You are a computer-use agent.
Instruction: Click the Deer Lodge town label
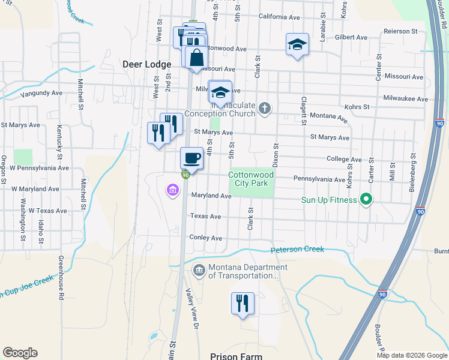point(146,64)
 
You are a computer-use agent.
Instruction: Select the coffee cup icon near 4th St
point(192,158)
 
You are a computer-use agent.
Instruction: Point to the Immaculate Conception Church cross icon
point(265,109)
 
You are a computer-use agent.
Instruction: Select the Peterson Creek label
point(297,249)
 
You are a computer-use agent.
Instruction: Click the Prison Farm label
point(236,356)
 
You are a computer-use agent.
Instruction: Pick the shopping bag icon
point(196,59)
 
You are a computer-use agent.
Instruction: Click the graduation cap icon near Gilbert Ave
point(297,44)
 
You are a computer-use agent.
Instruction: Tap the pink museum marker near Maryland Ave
point(172,191)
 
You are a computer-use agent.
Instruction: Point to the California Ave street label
point(279,17)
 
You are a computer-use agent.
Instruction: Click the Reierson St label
point(405,31)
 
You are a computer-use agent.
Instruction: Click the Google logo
point(20,353)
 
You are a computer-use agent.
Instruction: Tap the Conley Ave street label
point(206,238)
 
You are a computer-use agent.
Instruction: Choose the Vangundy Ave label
point(41,94)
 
